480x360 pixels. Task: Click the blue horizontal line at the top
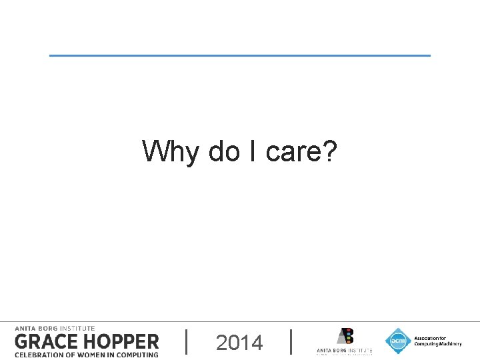point(240,55)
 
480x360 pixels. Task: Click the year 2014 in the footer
point(239,343)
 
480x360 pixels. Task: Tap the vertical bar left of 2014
point(185,341)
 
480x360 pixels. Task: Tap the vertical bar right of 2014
point(292,341)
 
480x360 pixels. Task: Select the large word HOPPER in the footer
point(120,342)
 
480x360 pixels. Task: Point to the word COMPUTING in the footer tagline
point(137,355)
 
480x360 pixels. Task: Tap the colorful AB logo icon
point(345,337)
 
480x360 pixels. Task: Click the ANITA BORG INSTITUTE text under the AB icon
point(344,350)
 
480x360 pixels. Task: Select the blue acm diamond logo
point(398,341)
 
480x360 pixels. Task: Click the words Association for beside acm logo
point(429,338)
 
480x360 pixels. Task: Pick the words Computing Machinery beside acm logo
point(437,344)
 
